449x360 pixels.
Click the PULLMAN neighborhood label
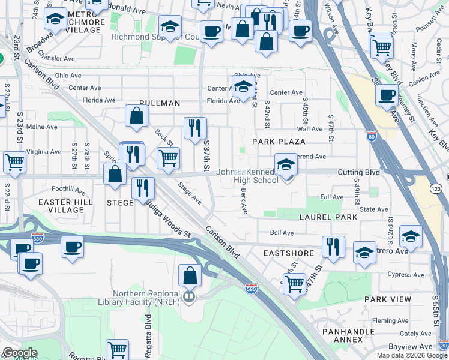(160, 103)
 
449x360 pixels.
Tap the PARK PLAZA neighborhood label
(279, 142)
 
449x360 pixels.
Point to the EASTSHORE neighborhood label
(289, 253)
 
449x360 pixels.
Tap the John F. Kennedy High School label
(247, 176)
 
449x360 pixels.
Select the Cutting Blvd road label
(358, 172)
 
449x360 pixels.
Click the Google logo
(19, 353)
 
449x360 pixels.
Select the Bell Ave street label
(282, 232)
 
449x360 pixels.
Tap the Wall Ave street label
(310, 129)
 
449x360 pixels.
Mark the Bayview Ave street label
(418, 347)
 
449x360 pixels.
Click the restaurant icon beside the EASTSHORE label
(333, 247)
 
